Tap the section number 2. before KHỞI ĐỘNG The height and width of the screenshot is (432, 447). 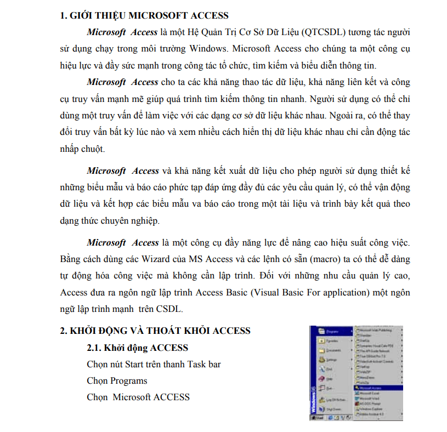[64, 331]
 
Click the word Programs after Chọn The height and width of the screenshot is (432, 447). [129, 380]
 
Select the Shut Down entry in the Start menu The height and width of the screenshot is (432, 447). [335, 409]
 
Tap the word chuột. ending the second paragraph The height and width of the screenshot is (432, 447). [91, 149]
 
